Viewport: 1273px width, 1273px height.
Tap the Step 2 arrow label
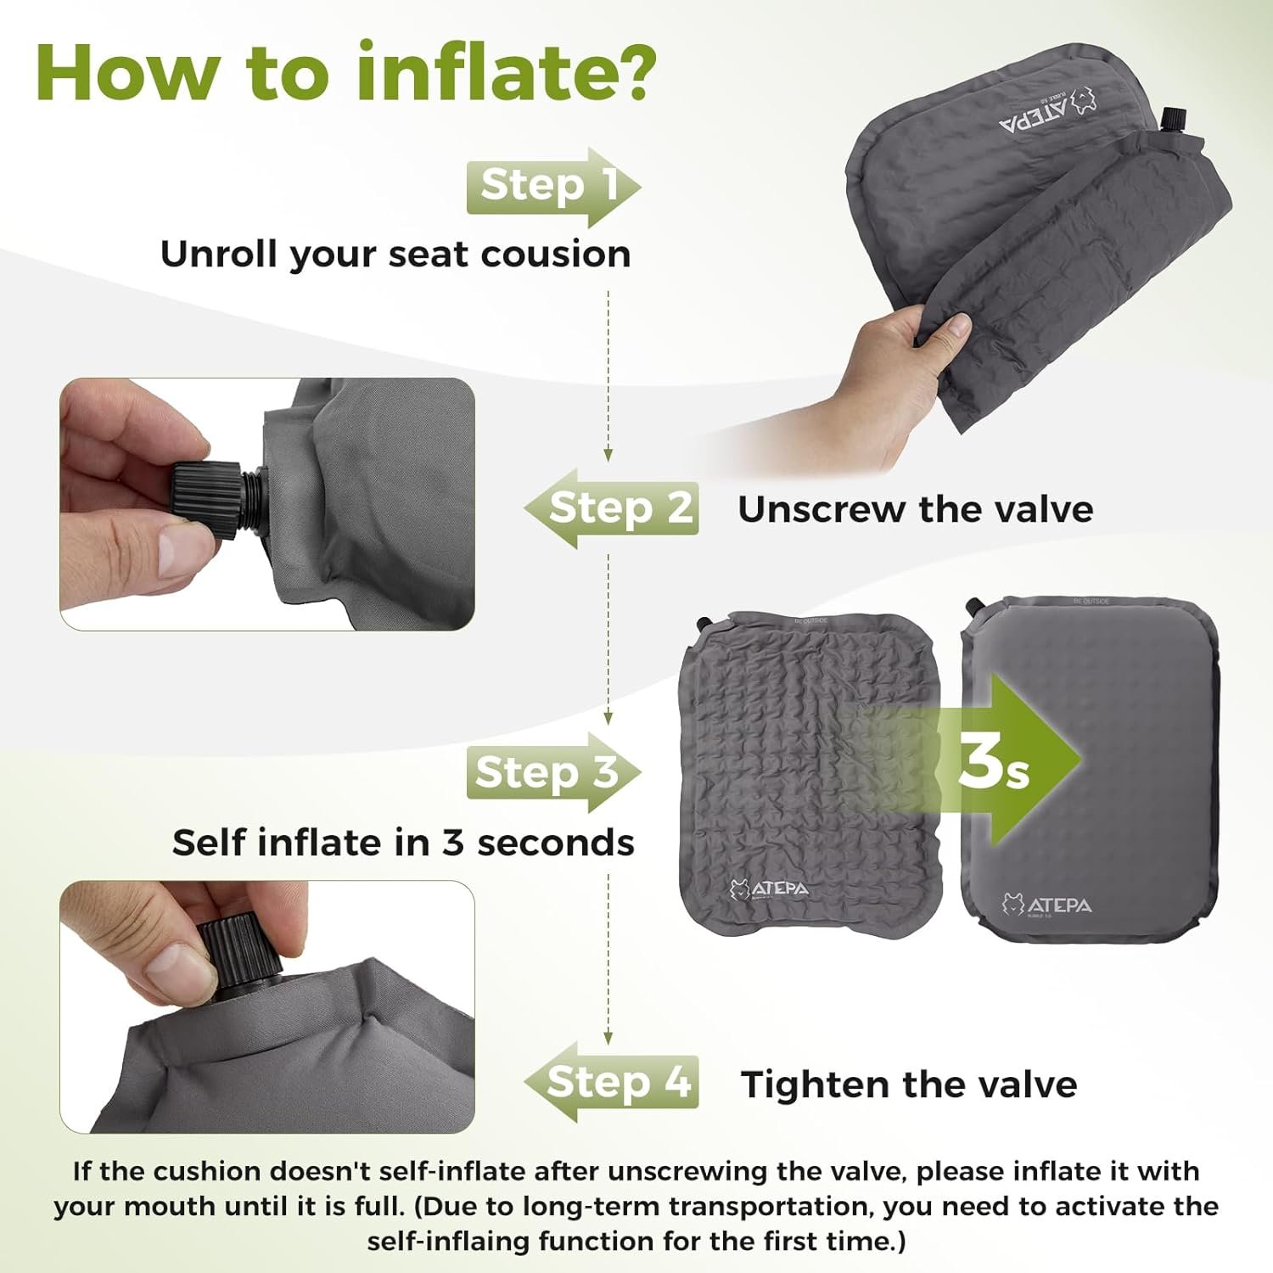611,508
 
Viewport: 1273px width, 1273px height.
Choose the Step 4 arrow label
611,1082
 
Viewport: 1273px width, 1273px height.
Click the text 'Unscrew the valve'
916,509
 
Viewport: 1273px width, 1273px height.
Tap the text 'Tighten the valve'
909,1085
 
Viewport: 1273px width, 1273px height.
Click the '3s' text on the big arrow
993,760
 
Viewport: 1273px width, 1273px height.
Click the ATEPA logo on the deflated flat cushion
769,889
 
